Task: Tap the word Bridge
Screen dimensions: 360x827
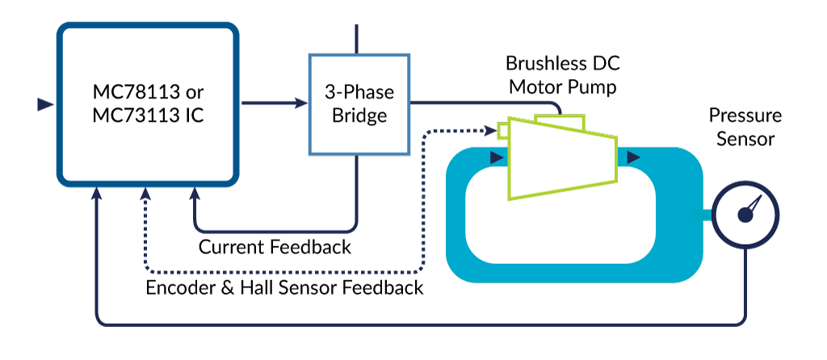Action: click(x=359, y=115)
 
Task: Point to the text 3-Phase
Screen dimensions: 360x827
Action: click(x=359, y=91)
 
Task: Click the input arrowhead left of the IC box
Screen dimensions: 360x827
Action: click(x=46, y=104)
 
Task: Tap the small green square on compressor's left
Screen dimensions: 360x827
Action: click(x=502, y=130)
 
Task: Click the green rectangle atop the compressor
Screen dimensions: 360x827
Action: click(x=559, y=121)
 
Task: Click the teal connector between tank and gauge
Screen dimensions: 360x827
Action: click(x=702, y=215)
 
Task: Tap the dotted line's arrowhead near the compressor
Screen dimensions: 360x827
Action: click(x=489, y=129)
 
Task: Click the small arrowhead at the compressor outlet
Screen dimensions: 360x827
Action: click(x=634, y=157)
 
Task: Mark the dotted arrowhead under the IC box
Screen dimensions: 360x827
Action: click(x=145, y=194)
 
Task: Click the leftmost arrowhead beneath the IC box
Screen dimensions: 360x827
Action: click(x=97, y=194)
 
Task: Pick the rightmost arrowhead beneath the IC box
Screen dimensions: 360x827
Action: click(x=195, y=194)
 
